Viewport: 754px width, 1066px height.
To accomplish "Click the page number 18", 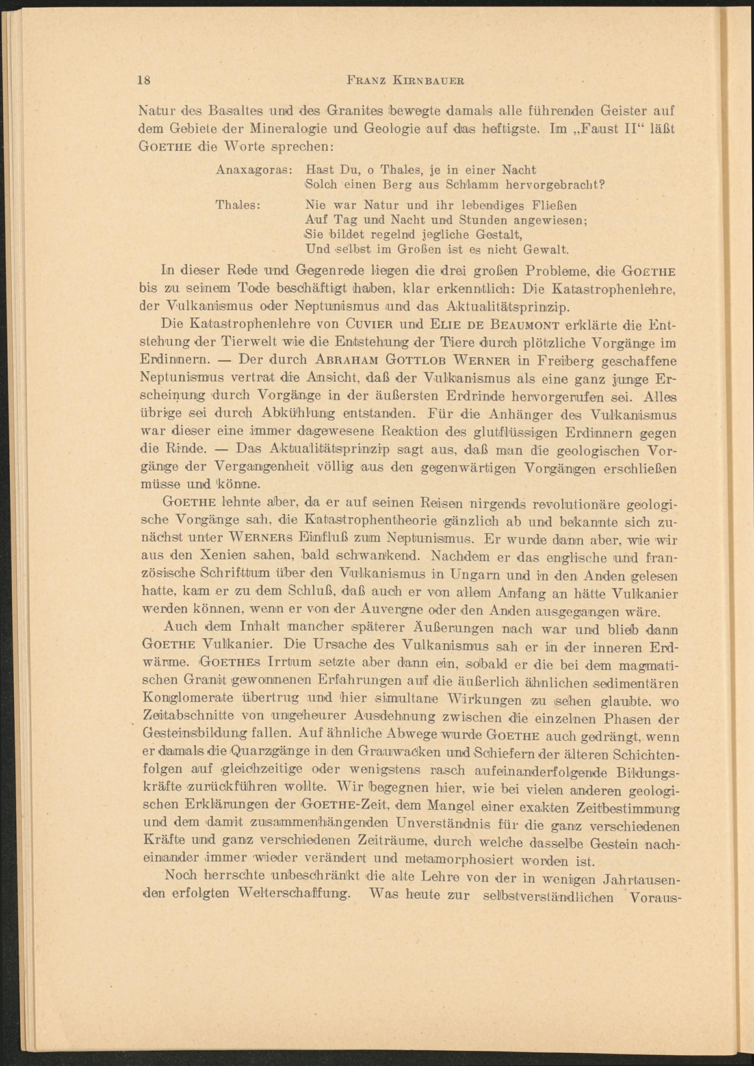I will [x=144, y=80].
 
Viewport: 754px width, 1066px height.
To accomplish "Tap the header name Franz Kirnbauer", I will [x=406, y=81].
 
